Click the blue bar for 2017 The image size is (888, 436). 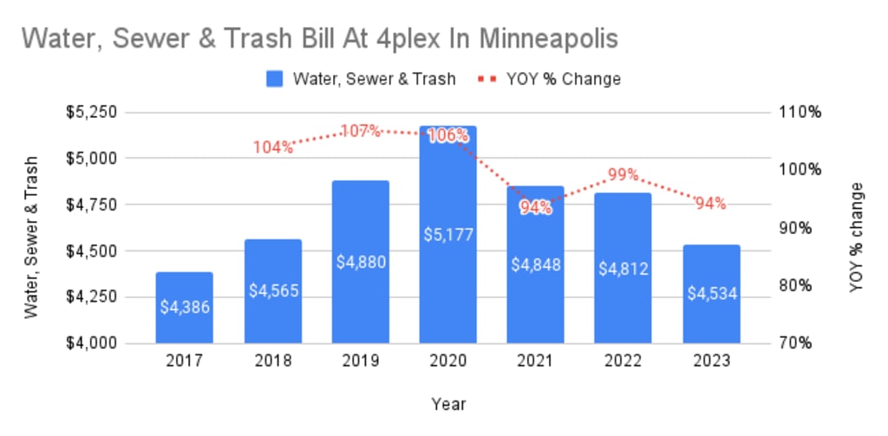pyautogui.click(x=184, y=308)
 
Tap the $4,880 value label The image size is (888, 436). pyautogui.click(x=360, y=262)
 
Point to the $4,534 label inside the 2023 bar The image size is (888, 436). pyautogui.click(x=711, y=292)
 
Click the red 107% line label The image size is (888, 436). pyautogui.click(x=360, y=131)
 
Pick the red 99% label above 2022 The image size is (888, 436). pyautogui.click(x=623, y=174)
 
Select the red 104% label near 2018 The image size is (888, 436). pyautogui.click(x=273, y=146)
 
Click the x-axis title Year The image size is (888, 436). pyautogui.click(x=447, y=403)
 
